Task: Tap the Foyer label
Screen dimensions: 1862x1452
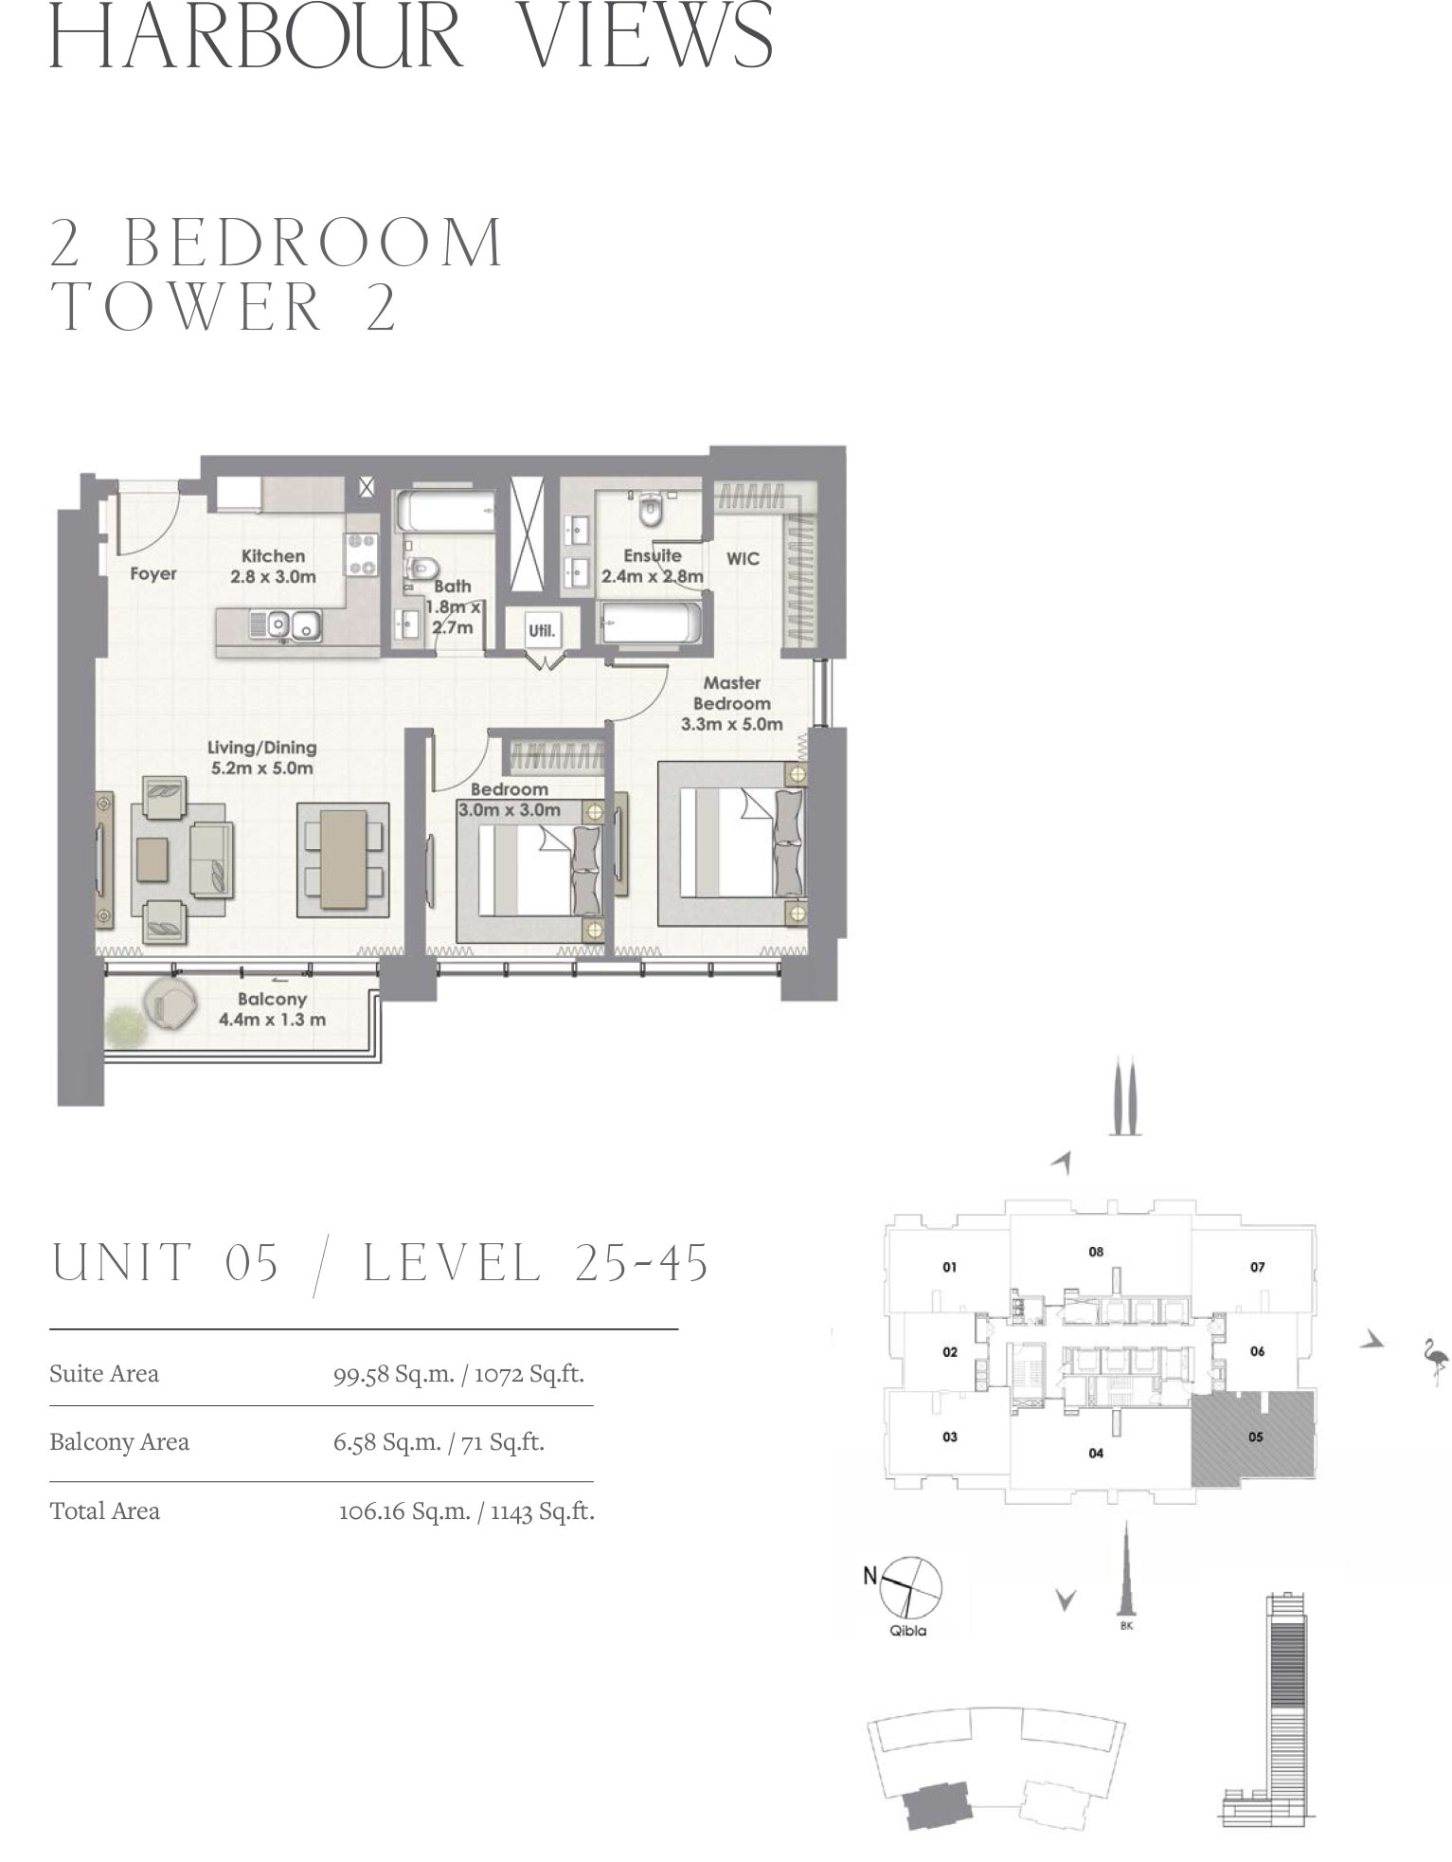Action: click(x=153, y=573)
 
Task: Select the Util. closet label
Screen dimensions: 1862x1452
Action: click(x=542, y=630)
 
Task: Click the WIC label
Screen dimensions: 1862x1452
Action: click(x=743, y=559)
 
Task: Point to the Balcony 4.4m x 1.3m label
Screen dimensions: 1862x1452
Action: click(x=272, y=1009)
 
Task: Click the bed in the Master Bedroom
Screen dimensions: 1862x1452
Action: click(x=732, y=843)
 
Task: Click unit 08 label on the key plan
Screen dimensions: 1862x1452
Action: click(x=1096, y=1252)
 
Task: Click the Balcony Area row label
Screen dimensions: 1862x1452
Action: click(x=119, y=1442)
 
